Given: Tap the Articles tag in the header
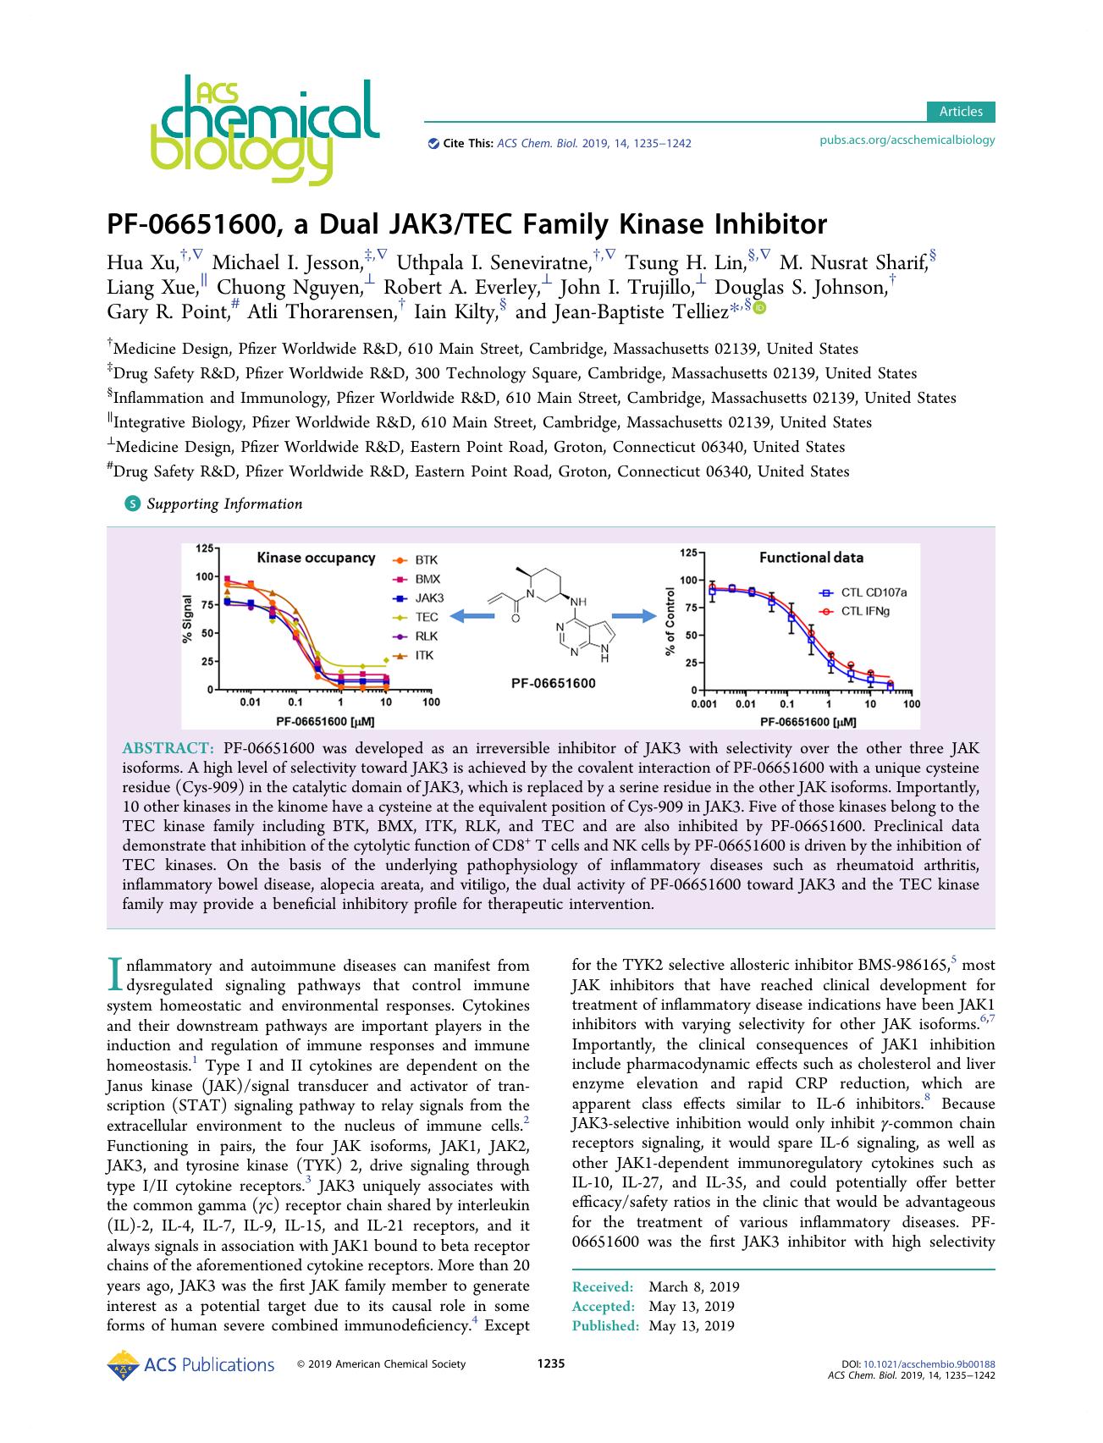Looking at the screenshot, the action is click(x=960, y=112).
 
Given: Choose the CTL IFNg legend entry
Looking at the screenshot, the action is click(x=863, y=610).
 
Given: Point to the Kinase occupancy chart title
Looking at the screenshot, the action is click(x=316, y=558).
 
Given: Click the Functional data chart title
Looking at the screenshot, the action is click(x=811, y=558).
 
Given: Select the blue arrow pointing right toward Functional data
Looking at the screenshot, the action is click(x=635, y=615).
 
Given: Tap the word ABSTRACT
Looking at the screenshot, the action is click(x=168, y=748).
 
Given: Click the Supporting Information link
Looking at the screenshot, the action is click(x=223, y=504).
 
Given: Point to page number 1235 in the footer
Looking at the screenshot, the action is click(x=551, y=1363).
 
